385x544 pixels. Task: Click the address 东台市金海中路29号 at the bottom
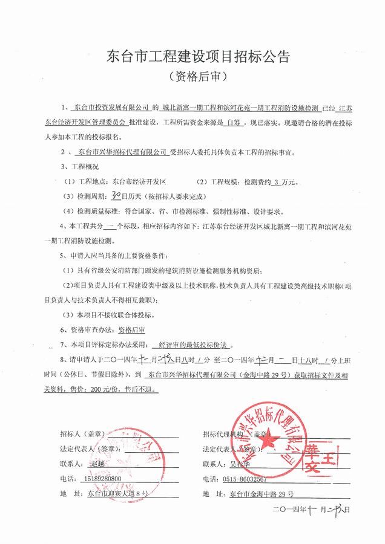[x=262, y=494]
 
